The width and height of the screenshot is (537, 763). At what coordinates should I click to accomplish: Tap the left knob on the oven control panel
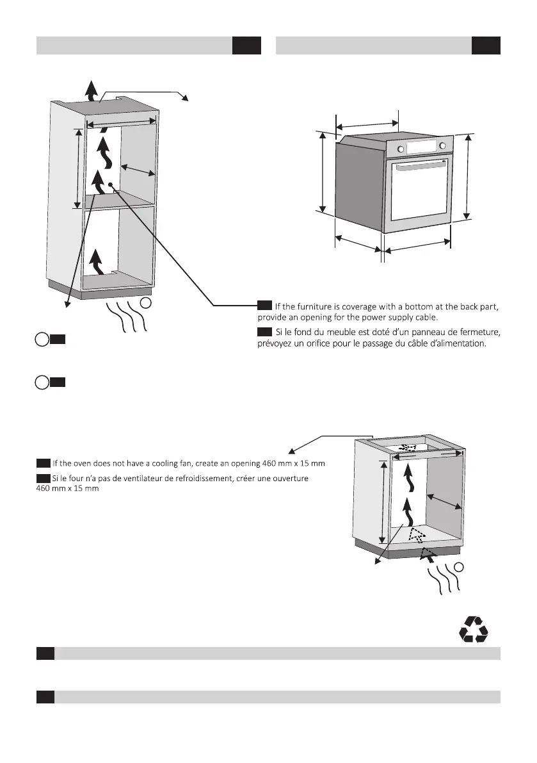point(401,149)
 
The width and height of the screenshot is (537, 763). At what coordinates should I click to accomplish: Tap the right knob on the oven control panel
point(442,147)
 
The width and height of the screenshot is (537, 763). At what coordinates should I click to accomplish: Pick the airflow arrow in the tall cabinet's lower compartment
point(95,262)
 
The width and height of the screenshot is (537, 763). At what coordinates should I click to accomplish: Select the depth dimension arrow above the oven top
point(367,125)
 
